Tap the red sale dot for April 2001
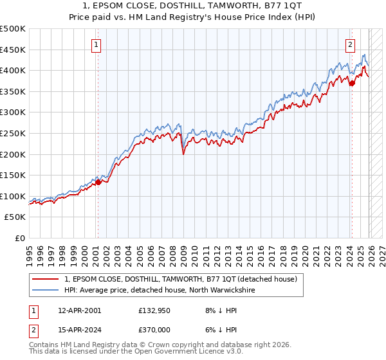point(98,182)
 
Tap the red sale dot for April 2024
point(352,82)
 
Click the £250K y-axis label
point(13,133)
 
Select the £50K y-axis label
point(15,217)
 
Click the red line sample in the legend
point(47,279)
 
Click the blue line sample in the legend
point(47,290)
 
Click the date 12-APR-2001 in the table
point(79,310)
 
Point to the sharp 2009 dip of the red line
point(184,154)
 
